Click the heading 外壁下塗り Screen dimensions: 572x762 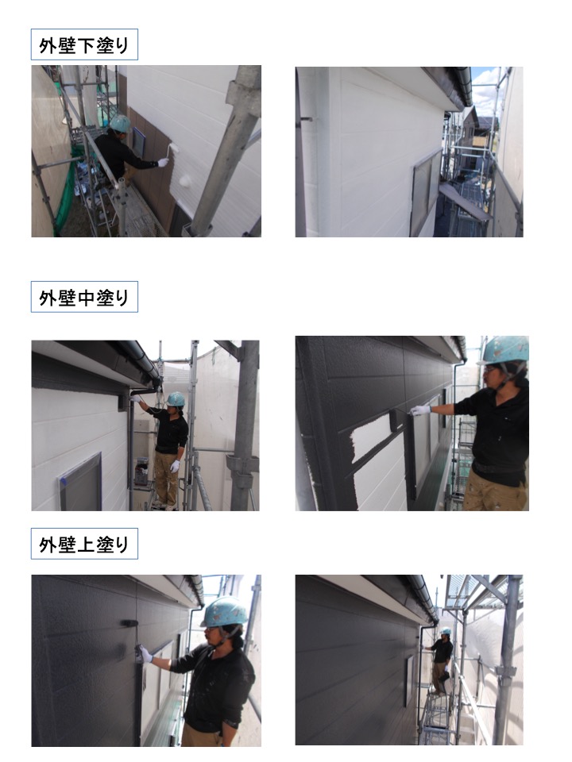pos(84,45)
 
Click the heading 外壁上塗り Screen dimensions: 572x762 pos(84,545)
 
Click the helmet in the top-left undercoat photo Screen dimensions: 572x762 pos(120,124)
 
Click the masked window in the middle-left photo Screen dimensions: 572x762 pos(81,483)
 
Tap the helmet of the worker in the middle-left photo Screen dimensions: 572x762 pos(176,399)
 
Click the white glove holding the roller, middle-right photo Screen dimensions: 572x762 pos(421,410)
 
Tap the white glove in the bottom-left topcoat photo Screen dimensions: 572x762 pos(146,654)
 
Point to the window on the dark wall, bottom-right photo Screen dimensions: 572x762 pos(410,680)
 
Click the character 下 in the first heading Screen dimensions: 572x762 pos(85,46)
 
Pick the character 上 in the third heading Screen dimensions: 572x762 pos(85,545)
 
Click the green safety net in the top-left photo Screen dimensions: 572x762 pos(66,194)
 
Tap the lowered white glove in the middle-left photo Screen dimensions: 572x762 pos(175,466)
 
